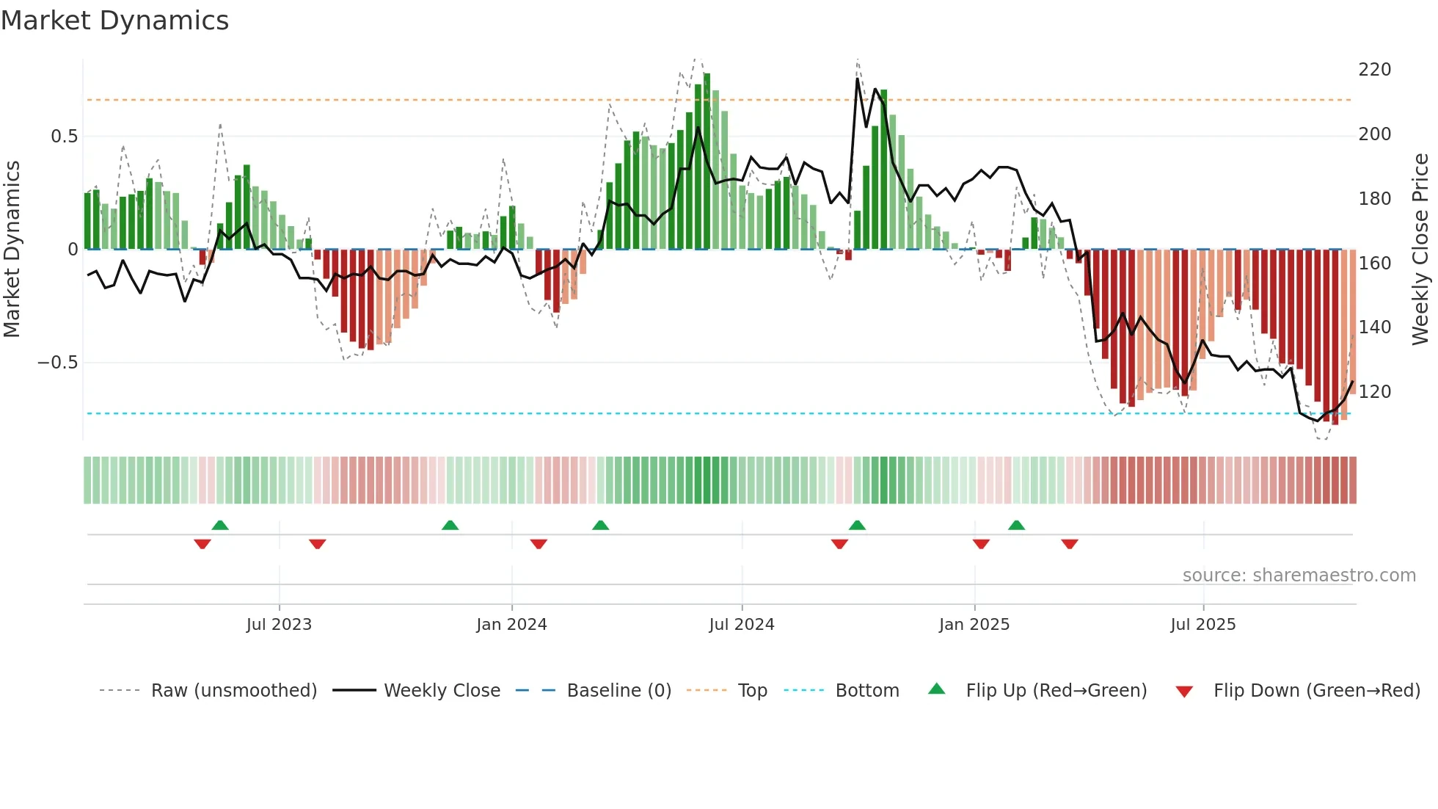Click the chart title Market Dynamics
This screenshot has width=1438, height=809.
115,21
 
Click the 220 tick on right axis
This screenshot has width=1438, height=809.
1374,70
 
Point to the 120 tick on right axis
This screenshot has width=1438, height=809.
1374,392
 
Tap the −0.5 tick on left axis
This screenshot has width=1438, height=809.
57,363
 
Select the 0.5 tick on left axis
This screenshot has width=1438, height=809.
64,137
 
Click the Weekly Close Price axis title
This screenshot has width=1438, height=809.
1420,250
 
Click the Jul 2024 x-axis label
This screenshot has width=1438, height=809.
741,625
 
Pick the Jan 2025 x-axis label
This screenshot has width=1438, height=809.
974,625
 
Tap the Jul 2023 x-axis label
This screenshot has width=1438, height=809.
279,625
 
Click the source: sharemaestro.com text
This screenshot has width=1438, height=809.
1299,576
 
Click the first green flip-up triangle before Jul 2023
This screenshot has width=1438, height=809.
220,525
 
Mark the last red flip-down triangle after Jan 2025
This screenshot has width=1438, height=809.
1069,544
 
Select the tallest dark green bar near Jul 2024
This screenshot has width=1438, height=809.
707,162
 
